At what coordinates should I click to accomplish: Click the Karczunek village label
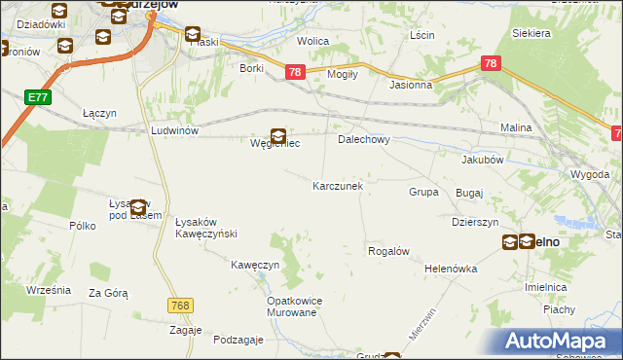click(x=338, y=186)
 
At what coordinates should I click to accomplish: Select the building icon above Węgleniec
click(x=278, y=136)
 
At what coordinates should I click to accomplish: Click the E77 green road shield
click(x=38, y=97)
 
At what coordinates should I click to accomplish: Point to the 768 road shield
click(x=178, y=305)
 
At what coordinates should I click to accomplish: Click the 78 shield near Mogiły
click(x=296, y=72)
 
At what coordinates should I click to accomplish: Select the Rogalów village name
click(x=387, y=251)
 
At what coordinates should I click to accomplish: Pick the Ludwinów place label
click(x=175, y=129)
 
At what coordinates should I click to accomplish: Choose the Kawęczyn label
click(x=255, y=265)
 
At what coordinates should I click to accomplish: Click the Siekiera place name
click(x=531, y=33)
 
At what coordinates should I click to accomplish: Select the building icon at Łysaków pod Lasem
click(x=138, y=207)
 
